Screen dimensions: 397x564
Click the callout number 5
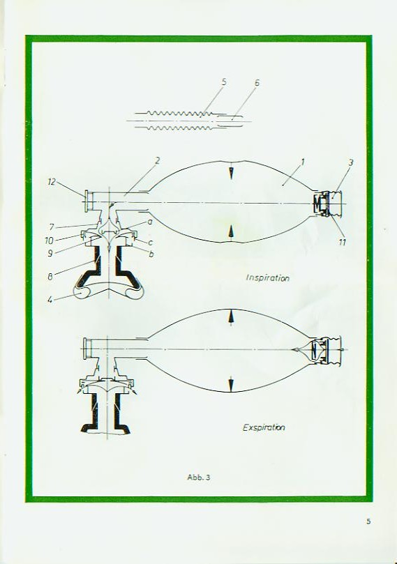(x=224, y=82)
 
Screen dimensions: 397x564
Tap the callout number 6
(x=257, y=83)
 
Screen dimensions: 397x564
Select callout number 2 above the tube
(x=157, y=161)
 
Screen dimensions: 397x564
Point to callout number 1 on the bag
(x=303, y=162)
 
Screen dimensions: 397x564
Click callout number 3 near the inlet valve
(x=350, y=163)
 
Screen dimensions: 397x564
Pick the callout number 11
(x=342, y=243)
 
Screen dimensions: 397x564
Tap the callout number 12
(x=52, y=182)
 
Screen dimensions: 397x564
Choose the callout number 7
(x=52, y=227)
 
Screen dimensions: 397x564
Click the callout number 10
(x=50, y=241)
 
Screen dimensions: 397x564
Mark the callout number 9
(x=50, y=254)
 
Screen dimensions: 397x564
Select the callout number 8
(x=50, y=277)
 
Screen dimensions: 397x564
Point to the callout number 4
(x=50, y=299)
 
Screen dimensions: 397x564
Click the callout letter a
(x=150, y=222)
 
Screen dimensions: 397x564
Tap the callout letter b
(x=151, y=254)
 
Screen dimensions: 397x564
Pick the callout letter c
(x=151, y=243)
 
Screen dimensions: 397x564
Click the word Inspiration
(x=268, y=277)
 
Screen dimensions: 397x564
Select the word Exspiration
(x=264, y=427)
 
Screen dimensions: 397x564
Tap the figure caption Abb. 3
(x=199, y=478)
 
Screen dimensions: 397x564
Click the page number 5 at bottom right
(x=368, y=521)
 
